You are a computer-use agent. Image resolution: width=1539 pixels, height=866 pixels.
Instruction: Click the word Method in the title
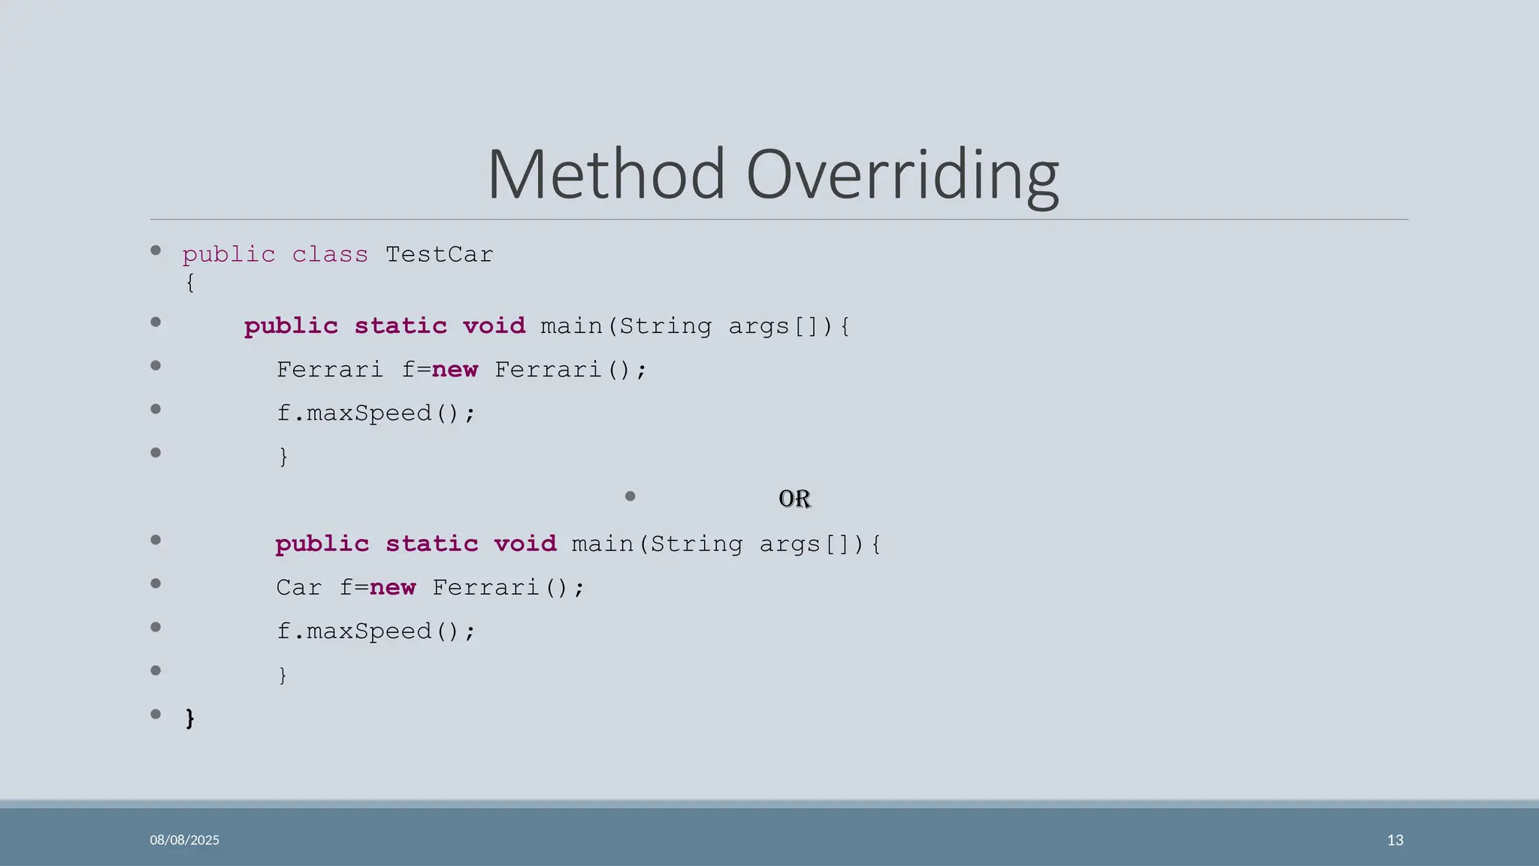tap(606, 174)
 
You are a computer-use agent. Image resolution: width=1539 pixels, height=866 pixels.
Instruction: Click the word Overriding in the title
tap(902, 174)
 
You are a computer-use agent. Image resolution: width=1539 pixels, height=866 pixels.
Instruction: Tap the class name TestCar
tap(439, 255)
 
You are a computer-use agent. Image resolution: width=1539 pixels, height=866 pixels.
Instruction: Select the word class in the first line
tap(330, 255)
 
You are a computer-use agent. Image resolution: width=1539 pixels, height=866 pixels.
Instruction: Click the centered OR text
tap(794, 498)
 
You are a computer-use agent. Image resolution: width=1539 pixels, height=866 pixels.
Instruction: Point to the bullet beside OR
tap(630, 496)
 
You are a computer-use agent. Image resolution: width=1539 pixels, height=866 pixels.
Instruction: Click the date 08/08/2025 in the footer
tap(184, 840)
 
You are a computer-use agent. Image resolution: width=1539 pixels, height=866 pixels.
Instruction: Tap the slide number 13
tap(1395, 840)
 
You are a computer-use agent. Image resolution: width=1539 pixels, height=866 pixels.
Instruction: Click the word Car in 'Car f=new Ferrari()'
tap(298, 588)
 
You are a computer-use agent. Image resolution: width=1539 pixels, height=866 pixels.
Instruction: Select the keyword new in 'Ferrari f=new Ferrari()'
tap(455, 370)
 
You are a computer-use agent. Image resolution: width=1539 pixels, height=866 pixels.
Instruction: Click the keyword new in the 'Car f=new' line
tap(392, 588)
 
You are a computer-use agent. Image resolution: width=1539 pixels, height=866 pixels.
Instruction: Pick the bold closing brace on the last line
tap(190, 718)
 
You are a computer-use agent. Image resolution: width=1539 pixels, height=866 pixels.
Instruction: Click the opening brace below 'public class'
tap(190, 283)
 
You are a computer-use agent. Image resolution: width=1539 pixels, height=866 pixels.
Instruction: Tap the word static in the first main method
tap(401, 326)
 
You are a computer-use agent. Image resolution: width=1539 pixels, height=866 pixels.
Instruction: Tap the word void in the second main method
tap(525, 544)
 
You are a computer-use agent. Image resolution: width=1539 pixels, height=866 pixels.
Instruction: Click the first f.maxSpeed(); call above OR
tap(376, 413)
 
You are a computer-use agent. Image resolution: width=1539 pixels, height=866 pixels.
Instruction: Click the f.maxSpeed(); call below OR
tap(376, 631)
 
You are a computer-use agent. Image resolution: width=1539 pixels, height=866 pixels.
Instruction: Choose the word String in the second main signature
tap(696, 544)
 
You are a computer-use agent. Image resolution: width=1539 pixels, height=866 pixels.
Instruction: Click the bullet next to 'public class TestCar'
tap(156, 250)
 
